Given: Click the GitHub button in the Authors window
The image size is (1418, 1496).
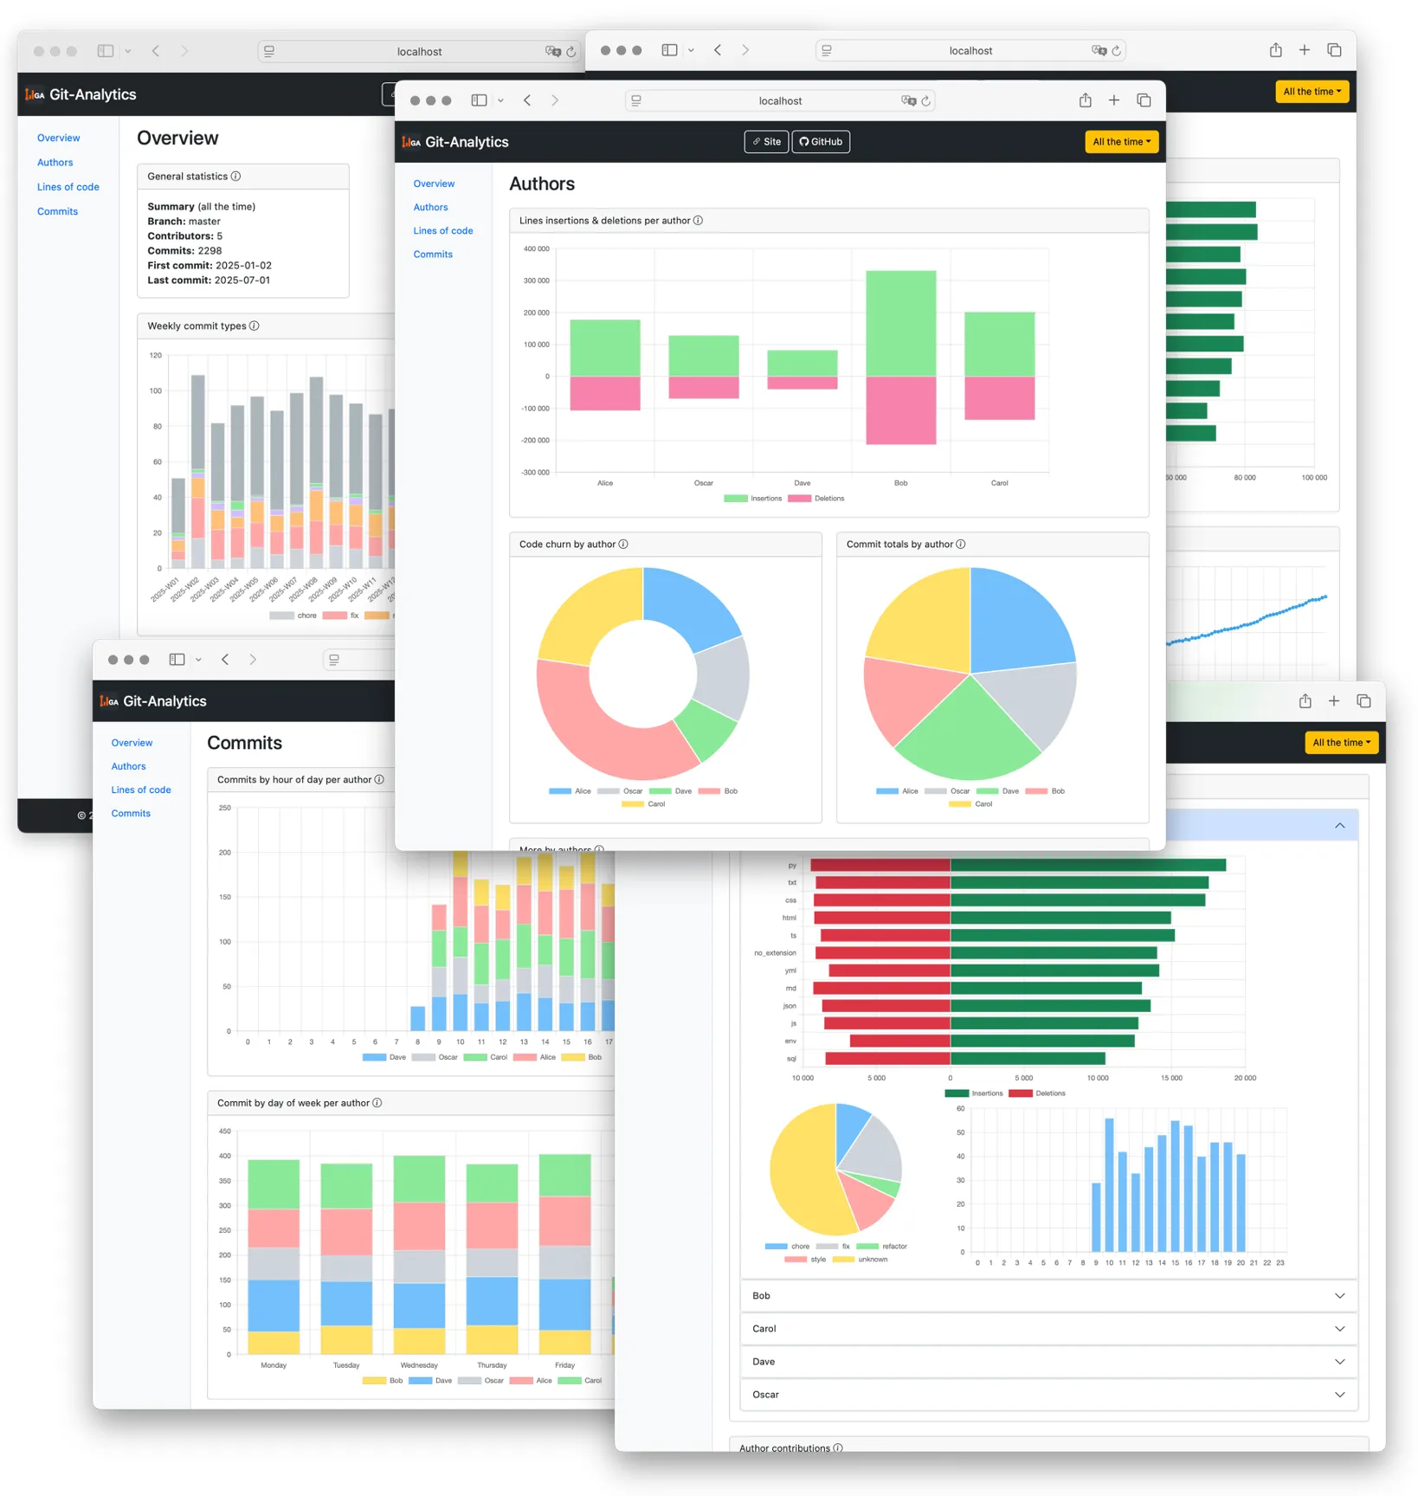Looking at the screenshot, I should [820, 142].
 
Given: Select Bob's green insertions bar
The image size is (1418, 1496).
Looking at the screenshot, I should [900, 323].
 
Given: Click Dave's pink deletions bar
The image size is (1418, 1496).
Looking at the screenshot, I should [802, 383].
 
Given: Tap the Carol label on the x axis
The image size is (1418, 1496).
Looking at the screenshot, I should [999, 483].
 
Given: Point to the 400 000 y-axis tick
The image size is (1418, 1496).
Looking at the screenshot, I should [536, 249].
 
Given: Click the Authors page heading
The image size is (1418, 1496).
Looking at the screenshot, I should [541, 184].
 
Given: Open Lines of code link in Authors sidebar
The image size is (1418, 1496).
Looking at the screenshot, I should [442, 231].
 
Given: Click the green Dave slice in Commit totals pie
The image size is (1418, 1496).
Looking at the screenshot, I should [968, 732].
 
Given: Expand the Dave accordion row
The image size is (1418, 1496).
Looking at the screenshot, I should [1047, 1362].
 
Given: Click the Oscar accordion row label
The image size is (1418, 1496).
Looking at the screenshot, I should [765, 1395].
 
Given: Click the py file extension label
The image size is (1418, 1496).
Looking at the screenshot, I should [791, 866].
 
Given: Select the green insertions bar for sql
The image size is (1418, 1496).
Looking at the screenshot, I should [1027, 1059].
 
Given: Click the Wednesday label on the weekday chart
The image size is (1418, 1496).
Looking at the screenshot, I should [419, 1365].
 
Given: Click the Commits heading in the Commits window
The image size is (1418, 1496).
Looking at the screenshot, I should [244, 743].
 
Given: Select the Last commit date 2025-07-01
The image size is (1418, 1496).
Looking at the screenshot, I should [242, 280].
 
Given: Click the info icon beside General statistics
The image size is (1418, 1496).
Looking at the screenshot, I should [236, 177].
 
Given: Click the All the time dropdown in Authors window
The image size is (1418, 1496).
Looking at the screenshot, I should [1121, 142].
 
